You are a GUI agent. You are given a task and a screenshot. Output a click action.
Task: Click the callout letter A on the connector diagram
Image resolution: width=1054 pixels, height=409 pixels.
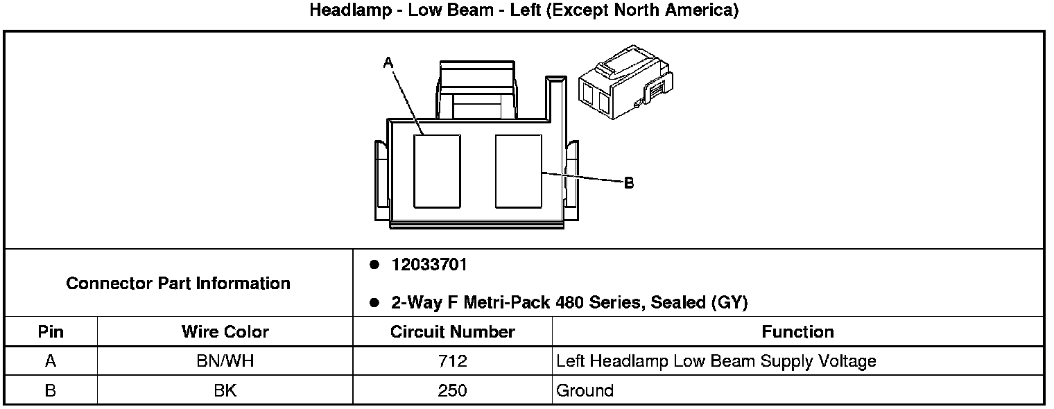click(x=388, y=62)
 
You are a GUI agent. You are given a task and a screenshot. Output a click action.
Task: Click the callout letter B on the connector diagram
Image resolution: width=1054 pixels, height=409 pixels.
click(x=629, y=182)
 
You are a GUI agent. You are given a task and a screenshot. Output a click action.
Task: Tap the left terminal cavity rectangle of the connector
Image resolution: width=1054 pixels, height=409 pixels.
click(x=437, y=171)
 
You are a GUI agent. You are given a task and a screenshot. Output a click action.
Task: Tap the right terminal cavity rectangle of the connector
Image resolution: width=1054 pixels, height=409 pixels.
click(x=519, y=171)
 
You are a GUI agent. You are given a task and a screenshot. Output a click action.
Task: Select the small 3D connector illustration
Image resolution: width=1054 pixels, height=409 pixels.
click(x=625, y=82)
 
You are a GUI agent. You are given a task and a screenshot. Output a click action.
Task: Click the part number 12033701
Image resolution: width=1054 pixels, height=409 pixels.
click(x=429, y=265)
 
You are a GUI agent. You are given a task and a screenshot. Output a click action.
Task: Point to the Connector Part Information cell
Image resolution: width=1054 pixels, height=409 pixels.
click(x=178, y=284)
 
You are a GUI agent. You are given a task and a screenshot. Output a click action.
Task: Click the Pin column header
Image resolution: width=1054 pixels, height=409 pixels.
click(x=51, y=332)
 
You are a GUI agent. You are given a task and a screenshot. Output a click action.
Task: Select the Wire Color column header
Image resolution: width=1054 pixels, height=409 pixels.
click(x=225, y=332)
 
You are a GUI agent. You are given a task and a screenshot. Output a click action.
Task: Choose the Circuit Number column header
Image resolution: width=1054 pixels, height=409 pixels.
click(x=452, y=332)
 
